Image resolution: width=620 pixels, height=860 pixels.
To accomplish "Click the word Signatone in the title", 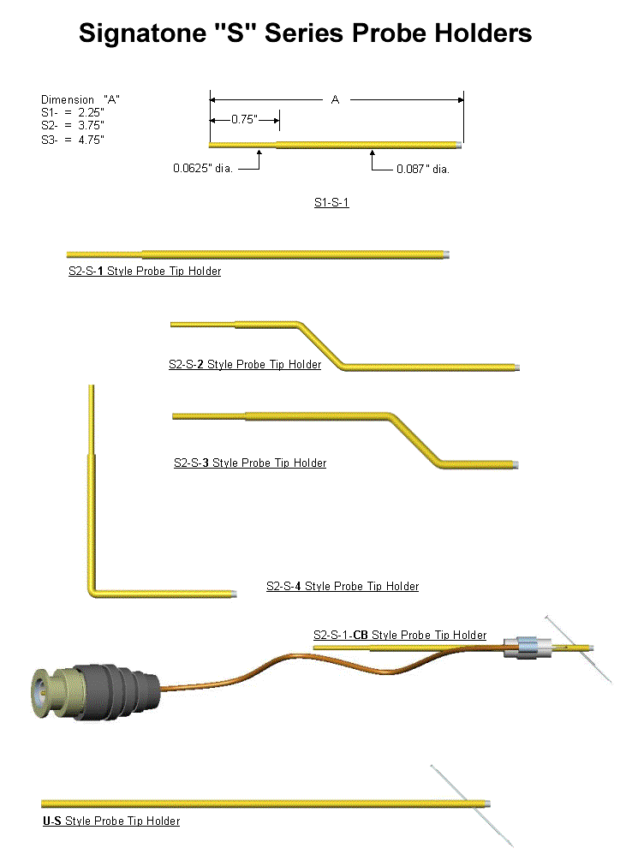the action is click(x=142, y=33).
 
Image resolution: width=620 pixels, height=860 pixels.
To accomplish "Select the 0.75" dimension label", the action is click(x=245, y=119).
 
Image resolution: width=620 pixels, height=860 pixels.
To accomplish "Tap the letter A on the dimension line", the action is click(x=336, y=99).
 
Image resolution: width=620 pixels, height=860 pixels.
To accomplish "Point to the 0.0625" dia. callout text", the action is click(x=203, y=168).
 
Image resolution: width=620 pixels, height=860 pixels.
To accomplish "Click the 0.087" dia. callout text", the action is click(x=423, y=169).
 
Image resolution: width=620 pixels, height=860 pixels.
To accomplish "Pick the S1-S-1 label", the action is click(x=331, y=202).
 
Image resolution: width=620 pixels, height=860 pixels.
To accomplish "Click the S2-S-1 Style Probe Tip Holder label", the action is click(x=145, y=271).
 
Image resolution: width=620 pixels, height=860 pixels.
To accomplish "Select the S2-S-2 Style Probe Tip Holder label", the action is click(x=245, y=364).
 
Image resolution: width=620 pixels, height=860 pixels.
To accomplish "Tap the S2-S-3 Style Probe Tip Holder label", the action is click(x=250, y=463).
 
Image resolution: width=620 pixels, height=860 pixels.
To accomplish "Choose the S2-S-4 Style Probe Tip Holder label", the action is click(x=343, y=586).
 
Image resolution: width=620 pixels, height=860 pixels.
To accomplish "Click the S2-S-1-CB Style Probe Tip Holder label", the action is click(x=400, y=635).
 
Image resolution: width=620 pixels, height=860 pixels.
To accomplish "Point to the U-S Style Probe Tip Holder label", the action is click(x=111, y=821).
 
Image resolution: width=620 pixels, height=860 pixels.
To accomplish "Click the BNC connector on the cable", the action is click(x=96, y=692).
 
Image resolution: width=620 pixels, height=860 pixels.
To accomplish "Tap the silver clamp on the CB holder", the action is click(x=527, y=648).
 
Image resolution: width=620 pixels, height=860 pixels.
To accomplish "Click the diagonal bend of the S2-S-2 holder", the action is click(x=320, y=344).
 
